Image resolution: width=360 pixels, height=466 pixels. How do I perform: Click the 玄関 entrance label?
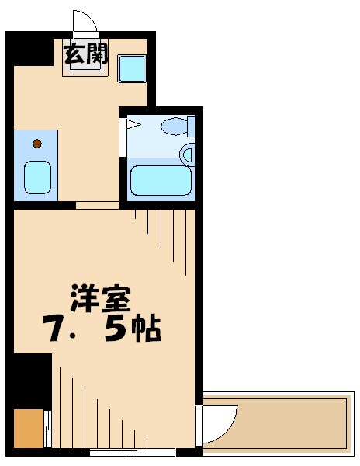coord(85,56)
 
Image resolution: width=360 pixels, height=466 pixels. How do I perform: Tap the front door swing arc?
coord(84,23)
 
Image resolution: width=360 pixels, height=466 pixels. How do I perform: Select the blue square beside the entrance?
coord(132,69)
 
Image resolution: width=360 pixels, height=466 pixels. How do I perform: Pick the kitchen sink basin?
coord(37,176)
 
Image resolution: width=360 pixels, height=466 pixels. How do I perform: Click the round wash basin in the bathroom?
coord(186,154)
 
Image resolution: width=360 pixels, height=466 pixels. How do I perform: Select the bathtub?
coord(160,180)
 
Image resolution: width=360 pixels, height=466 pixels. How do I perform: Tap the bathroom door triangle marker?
coord(132,123)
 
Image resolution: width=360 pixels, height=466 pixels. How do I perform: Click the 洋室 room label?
coord(101,297)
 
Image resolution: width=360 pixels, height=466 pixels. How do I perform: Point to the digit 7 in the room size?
coord(55,330)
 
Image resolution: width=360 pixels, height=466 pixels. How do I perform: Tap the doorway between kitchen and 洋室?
coord(97,206)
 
